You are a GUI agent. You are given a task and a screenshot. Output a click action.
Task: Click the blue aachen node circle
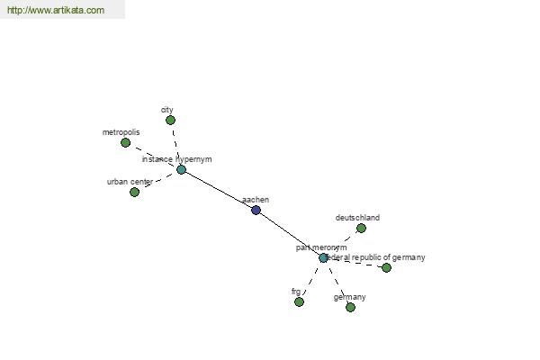(256, 210)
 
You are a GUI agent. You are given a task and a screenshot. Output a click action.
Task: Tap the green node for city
(170, 120)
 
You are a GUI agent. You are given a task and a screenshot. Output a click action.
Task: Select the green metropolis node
(125, 142)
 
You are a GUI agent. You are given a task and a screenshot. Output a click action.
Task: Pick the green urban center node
(134, 192)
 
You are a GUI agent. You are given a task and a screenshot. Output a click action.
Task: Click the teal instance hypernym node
(181, 169)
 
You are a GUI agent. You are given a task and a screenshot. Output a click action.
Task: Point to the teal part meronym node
(323, 257)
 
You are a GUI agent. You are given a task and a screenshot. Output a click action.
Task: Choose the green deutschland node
(361, 228)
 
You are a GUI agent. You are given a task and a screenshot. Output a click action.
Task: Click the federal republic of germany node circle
(386, 267)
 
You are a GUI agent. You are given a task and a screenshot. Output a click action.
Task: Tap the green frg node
(299, 301)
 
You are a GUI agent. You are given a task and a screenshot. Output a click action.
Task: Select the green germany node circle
(350, 307)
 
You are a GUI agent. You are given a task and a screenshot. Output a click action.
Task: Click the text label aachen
(256, 200)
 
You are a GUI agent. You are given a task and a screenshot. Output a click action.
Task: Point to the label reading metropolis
(121, 132)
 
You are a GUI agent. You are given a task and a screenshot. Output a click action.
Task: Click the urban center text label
(130, 182)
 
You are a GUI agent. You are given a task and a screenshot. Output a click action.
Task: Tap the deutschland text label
(357, 218)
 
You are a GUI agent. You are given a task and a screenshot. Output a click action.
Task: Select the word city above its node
(166, 110)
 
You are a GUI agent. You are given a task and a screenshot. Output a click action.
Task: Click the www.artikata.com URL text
(55, 10)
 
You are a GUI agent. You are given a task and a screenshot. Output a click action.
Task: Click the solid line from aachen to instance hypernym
(219, 190)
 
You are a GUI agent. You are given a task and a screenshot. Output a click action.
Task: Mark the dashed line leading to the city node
(175, 144)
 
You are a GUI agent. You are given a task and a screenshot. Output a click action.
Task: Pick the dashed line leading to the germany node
(337, 283)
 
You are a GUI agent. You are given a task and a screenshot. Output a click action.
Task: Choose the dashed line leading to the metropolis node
(153, 156)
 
